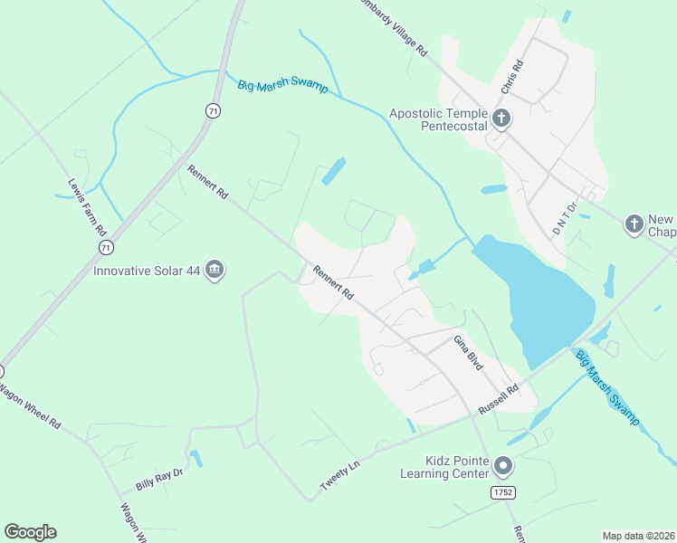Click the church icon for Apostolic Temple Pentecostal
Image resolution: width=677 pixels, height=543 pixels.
pyautogui.click(x=501, y=118)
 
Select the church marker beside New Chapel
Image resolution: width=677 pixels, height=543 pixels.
pyautogui.click(x=634, y=223)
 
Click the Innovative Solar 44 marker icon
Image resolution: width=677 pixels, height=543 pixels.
pyautogui.click(x=215, y=270)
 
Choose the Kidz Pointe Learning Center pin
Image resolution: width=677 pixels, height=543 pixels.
pyautogui.click(x=503, y=467)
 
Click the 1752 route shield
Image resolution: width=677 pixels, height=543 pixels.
pyautogui.click(x=504, y=491)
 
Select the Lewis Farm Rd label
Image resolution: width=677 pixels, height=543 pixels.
pyautogui.click(x=87, y=206)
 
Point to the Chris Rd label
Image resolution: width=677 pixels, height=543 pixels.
pyautogui.click(x=512, y=79)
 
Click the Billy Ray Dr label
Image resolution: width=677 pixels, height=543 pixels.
pyautogui.click(x=158, y=479)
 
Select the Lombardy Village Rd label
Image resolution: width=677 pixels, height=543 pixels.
pyautogui.click(x=386, y=27)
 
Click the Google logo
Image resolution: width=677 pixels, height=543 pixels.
pyautogui.click(x=30, y=532)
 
